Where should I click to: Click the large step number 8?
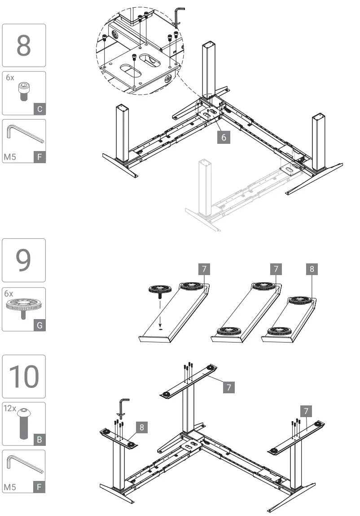coord(24,45)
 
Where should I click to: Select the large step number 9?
coord(24,260)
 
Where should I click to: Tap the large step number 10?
coord(24,376)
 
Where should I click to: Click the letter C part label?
coord(40,109)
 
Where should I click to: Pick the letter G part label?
coord(40,325)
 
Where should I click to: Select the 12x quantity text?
coord(10,409)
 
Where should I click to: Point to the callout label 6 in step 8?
coord(224,137)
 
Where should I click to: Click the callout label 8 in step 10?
coord(141,427)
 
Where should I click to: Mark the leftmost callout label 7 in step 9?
coord(204,269)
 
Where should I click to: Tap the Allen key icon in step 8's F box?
coord(25,134)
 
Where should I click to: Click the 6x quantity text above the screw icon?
coord(9,77)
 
